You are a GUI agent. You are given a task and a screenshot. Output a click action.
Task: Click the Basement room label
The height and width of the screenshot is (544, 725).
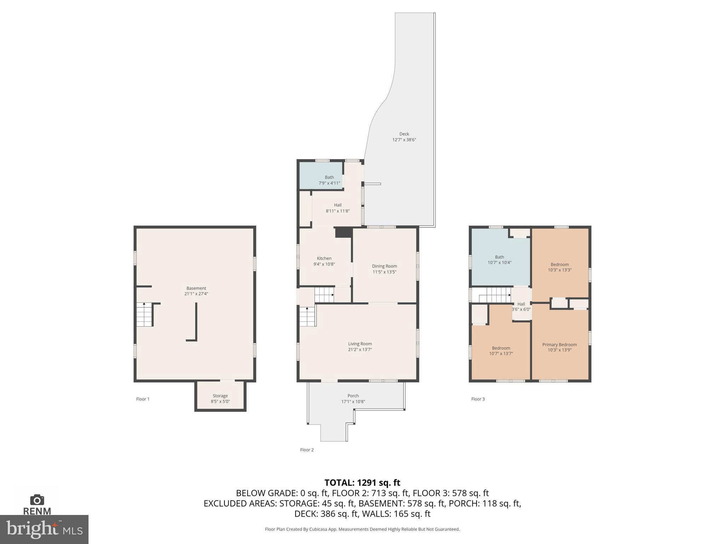196,288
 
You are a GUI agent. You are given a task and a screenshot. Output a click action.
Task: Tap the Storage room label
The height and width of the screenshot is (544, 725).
220,396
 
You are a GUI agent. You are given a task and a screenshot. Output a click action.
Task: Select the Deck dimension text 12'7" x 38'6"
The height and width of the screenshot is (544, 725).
404,140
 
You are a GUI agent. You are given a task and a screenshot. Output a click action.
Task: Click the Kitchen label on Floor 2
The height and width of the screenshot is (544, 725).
324,258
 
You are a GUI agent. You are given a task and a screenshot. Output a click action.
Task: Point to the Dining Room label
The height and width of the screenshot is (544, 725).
384,266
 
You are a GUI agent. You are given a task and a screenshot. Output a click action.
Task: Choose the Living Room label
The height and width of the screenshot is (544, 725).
360,344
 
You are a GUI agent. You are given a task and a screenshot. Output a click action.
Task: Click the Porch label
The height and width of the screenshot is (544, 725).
353,396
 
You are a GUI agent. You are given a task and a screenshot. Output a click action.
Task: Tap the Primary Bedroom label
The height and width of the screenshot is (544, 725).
559,345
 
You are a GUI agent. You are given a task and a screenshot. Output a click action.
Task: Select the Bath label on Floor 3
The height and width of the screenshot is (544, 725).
499,257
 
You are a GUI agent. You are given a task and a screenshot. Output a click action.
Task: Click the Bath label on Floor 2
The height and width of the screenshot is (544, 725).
329,177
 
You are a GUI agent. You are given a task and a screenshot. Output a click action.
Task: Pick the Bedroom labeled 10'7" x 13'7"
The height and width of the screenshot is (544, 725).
501,348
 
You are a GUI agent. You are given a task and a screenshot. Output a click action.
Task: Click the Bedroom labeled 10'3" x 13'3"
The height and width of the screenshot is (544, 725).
559,265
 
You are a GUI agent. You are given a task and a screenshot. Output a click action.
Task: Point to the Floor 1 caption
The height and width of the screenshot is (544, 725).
143,399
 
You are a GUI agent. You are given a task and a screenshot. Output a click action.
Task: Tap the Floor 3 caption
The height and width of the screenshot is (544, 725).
478,399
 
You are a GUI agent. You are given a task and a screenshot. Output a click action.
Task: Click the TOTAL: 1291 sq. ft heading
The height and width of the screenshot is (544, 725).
362,483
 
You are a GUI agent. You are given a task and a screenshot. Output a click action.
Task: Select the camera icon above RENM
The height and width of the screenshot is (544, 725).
37,500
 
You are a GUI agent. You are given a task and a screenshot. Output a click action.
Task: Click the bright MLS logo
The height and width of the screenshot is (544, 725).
44,529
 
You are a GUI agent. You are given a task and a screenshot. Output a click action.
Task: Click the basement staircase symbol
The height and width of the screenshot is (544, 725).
144,314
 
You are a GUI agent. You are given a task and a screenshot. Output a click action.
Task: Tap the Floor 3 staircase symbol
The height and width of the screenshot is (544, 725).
494,295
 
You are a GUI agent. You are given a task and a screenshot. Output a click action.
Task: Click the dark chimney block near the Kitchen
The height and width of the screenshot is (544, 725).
344,232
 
